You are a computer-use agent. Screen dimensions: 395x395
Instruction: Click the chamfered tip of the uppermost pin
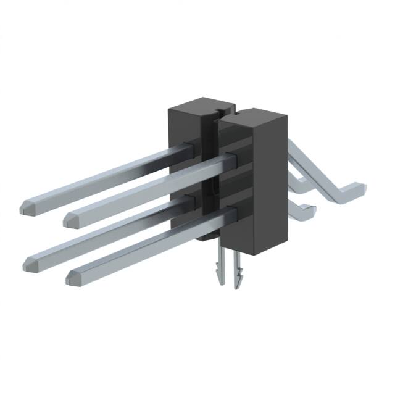(26, 206)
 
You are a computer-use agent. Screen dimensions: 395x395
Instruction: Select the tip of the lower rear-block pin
(28, 264)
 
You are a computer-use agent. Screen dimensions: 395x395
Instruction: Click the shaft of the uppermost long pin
(105, 177)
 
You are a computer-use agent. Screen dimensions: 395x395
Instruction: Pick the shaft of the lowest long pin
(148, 244)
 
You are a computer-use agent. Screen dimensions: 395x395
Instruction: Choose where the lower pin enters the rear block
(189, 201)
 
